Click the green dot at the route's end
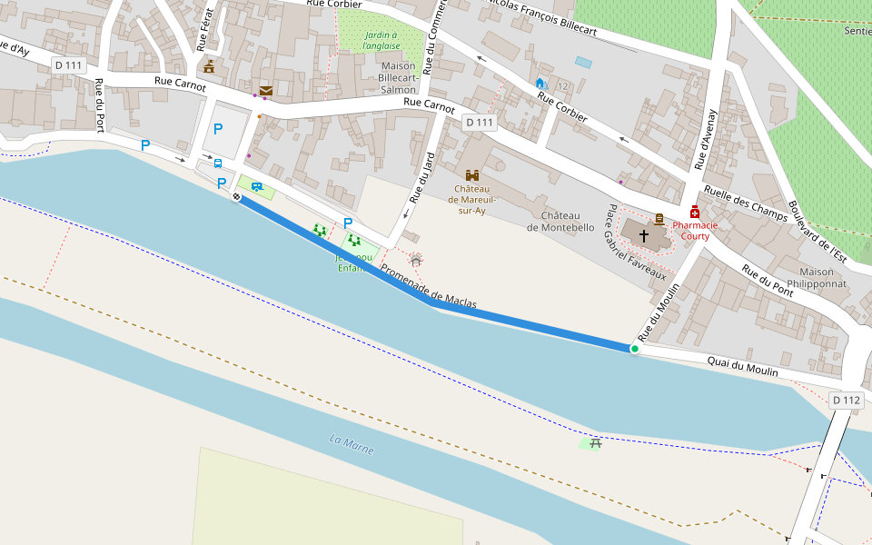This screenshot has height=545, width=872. pyautogui.click(x=634, y=349)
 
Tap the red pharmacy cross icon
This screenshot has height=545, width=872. pyautogui.click(x=695, y=212)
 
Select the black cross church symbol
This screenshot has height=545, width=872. pyautogui.click(x=644, y=235)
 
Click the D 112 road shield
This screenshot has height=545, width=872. pyautogui.click(x=845, y=400)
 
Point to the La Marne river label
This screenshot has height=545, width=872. pyautogui.click(x=352, y=445)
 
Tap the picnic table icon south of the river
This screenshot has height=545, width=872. pyautogui.click(x=596, y=443)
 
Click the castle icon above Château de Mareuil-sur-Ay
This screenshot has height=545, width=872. pyautogui.click(x=472, y=175)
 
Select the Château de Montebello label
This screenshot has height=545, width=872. pyautogui.click(x=560, y=221)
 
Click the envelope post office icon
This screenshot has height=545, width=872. pyautogui.click(x=265, y=91)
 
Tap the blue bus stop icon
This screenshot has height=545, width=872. pyautogui.click(x=218, y=163)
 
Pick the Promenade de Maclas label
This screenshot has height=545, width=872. pyautogui.click(x=428, y=287)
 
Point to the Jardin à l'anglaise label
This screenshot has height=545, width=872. pyautogui.click(x=381, y=40)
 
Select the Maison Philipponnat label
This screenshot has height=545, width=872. pyautogui.click(x=817, y=278)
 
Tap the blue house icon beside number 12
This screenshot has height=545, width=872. pyautogui.click(x=540, y=84)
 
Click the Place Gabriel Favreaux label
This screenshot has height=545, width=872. pyautogui.click(x=636, y=243)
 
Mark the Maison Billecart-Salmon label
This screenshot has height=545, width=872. pyautogui.click(x=399, y=77)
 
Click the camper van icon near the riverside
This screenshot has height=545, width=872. pyautogui.click(x=257, y=187)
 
